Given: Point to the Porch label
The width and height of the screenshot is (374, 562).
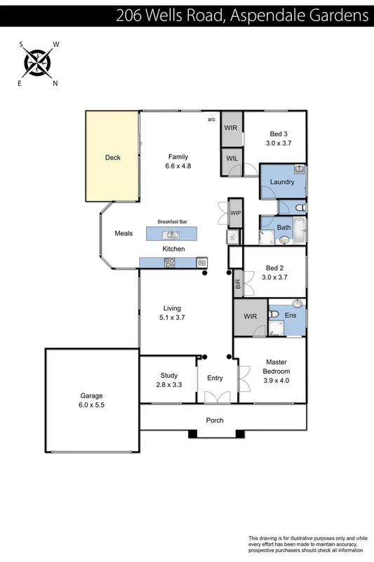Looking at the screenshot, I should click(x=215, y=421).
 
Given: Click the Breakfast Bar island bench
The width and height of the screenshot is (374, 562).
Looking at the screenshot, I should click(x=172, y=233).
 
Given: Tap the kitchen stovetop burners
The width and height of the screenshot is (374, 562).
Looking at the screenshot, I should click(x=169, y=262).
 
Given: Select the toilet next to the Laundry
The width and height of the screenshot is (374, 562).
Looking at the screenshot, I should click(x=300, y=208).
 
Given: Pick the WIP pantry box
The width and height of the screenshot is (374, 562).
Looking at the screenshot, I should click(x=235, y=213).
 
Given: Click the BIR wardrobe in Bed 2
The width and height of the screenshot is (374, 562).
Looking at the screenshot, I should click(x=238, y=283).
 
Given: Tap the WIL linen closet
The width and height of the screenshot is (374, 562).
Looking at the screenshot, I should click(x=232, y=159).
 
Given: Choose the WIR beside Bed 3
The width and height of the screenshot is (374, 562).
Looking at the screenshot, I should click(x=231, y=129).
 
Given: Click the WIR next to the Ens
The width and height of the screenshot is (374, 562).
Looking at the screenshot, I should click(x=250, y=318).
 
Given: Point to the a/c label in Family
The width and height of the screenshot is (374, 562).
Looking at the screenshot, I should click(x=211, y=120).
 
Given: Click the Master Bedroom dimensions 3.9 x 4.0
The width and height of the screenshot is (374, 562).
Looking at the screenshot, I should click(x=276, y=380).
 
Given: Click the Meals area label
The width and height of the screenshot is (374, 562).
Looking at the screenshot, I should click(x=123, y=233).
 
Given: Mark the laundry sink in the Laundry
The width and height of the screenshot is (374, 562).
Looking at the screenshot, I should click(x=299, y=169).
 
